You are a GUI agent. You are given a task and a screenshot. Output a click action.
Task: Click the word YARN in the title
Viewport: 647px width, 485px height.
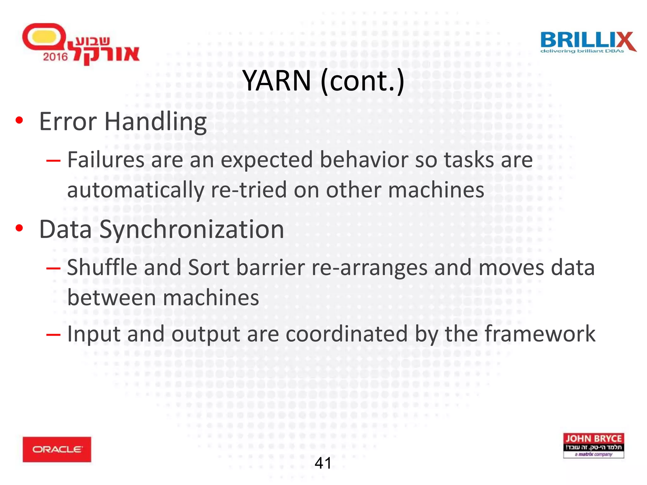pos(277,81)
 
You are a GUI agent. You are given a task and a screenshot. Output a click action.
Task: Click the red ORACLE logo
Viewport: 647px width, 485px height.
pos(57,449)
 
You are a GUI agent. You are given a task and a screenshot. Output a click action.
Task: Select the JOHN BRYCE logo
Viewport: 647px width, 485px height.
pos(593,445)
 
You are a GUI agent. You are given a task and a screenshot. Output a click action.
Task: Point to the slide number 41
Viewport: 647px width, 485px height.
pos(323,463)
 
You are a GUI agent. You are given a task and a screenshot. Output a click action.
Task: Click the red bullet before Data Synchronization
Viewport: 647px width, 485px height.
pos(19,228)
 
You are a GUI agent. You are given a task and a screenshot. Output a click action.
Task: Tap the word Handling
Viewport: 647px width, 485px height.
pos(155,122)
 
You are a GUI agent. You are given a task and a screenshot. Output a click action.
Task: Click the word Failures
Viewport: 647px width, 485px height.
pos(106,160)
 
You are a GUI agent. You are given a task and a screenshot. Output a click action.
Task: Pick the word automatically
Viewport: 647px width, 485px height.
pos(136,190)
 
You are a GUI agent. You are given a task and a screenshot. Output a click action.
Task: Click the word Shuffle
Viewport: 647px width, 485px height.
pos(102,267)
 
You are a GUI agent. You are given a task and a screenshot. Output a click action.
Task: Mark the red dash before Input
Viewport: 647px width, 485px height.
pos(53,334)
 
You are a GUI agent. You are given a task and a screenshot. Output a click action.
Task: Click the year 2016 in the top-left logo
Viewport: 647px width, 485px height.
pos(55,57)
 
